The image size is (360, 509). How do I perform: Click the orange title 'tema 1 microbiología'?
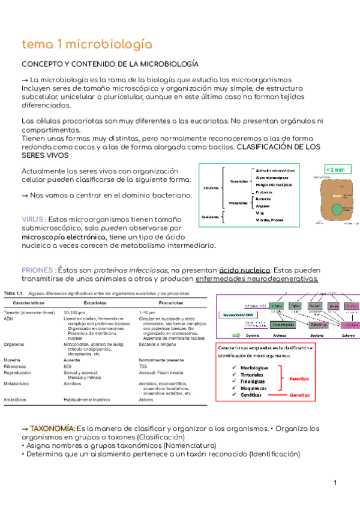86,45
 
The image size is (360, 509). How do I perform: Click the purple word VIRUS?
33,220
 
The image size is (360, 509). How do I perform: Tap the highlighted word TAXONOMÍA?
53,429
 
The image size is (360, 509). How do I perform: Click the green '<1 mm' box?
335,170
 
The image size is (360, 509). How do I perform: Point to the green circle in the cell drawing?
338,210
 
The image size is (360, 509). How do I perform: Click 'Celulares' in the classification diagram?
211,187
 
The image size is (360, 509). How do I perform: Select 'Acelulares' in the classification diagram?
210,217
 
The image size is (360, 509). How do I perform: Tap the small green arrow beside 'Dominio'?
235,335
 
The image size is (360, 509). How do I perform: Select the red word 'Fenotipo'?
300,379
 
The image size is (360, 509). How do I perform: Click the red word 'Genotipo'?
300,396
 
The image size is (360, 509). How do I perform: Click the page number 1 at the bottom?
336,484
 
